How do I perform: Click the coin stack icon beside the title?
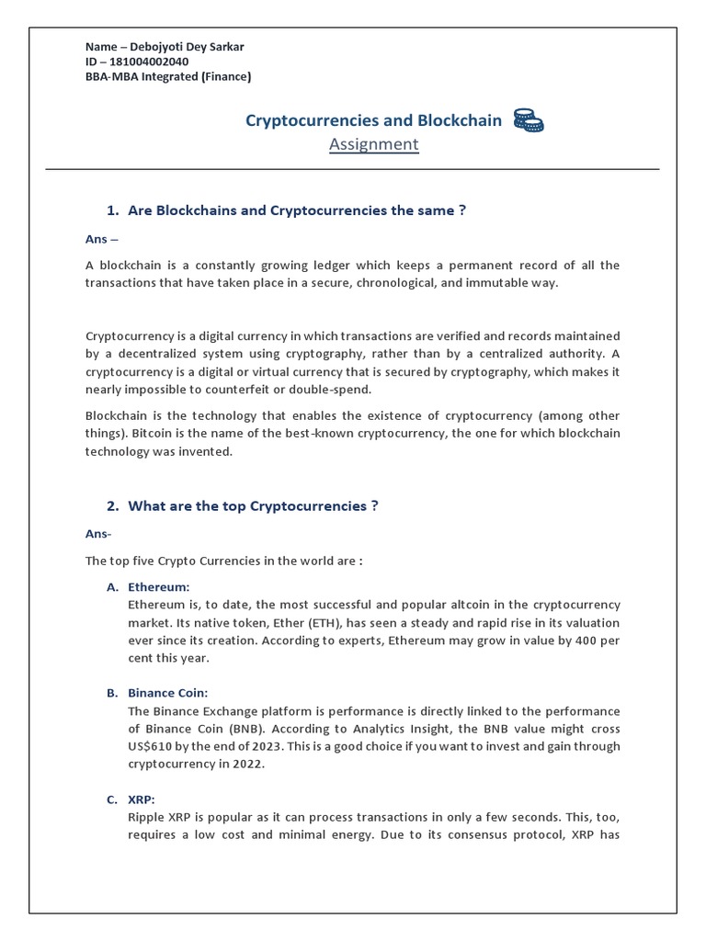pos(528,120)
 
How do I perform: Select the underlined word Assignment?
pos(373,144)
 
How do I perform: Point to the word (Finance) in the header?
pos(221,77)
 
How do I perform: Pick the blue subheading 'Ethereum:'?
pos(159,586)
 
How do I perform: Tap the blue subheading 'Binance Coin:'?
pos(168,693)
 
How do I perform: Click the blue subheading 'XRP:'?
pos(143,799)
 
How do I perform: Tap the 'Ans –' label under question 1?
pos(101,239)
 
